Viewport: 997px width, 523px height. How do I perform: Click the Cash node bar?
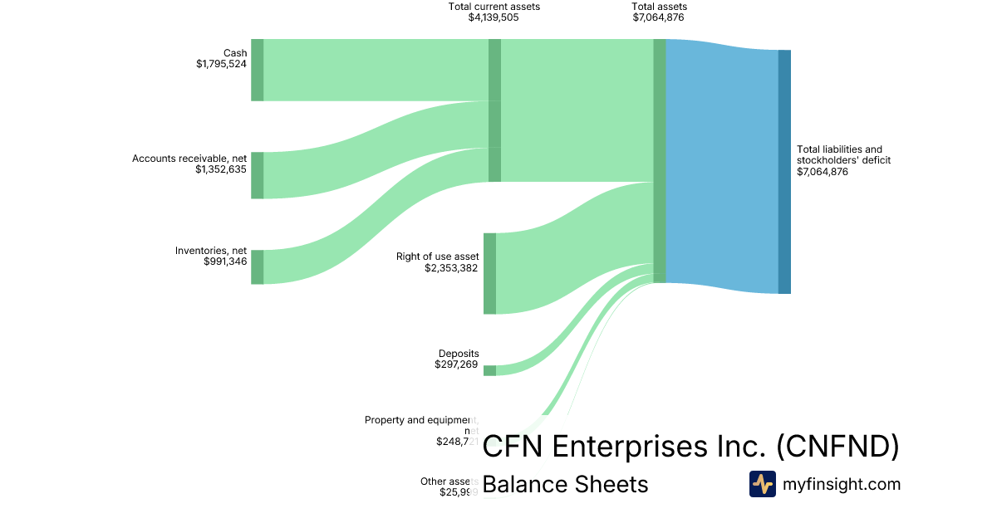click(x=258, y=70)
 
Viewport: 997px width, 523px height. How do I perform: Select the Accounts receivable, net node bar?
click(x=258, y=175)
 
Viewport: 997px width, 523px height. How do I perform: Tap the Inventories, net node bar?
click(x=258, y=266)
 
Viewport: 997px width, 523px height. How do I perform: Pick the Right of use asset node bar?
click(x=489, y=273)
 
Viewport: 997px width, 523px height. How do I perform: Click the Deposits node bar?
click(x=489, y=370)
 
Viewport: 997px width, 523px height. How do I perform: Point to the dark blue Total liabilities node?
click(x=784, y=172)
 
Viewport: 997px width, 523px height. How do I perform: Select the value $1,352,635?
click(x=221, y=169)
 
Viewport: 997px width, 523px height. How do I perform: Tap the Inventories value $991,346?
click(x=225, y=261)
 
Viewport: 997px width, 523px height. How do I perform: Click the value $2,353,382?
click(x=451, y=268)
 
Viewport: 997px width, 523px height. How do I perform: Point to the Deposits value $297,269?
click(x=456, y=364)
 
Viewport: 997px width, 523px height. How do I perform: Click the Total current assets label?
click(x=494, y=7)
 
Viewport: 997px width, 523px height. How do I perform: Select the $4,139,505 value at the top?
click(x=494, y=17)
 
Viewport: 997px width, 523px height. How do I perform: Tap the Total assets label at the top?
click(x=659, y=7)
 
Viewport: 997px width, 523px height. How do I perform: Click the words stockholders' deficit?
click(x=843, y=160)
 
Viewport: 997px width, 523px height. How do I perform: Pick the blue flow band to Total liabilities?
click(x=722, y=166)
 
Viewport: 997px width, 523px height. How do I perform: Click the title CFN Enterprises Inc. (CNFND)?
click(x=690, y=447)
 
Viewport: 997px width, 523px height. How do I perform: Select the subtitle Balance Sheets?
click(x=565, y=484)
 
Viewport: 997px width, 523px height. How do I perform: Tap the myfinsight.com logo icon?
click(x=762, y=484)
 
